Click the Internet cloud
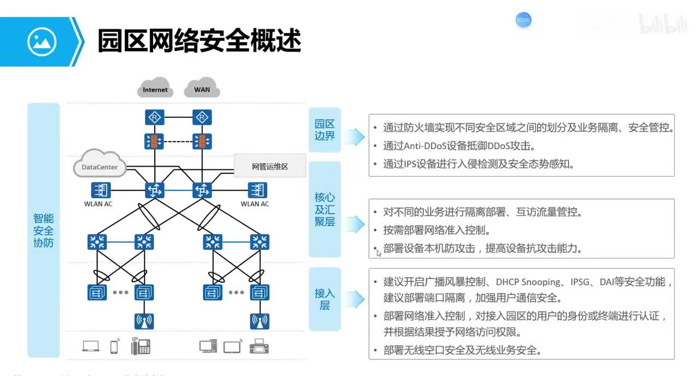click(x=155, y=88)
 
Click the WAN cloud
click(x=202, y=88)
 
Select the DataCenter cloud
click(x=99, y=165)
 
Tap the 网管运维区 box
click(x=270, y=166)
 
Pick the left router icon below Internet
click(x=154, y=117)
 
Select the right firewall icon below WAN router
click(x=202, y=142)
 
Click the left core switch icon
click(x=154, y=190)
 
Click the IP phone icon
click(x=140, y=346)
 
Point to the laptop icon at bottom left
click(x=91, y=346)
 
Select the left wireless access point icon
click(x=144, y=321)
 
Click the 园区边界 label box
click(x=325, y=130)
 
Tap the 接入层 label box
click(x=325, y=299)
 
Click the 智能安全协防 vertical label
click(x=43, y=230)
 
